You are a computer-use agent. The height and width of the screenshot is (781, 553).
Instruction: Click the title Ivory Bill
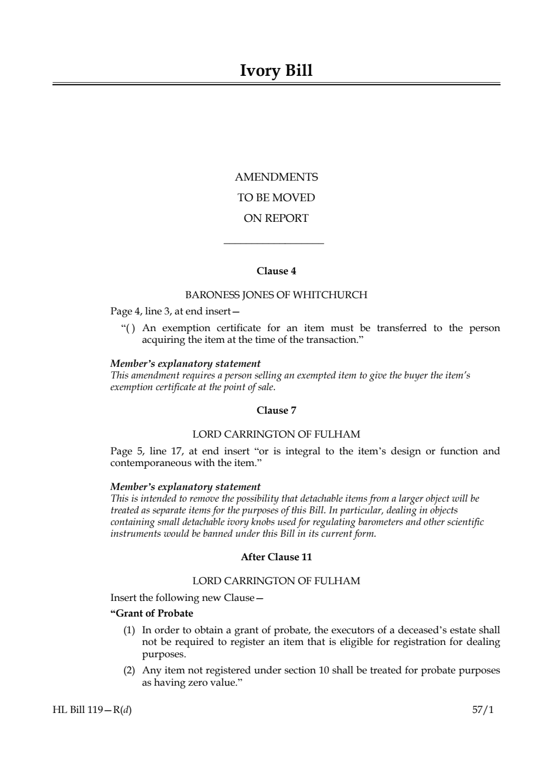276,71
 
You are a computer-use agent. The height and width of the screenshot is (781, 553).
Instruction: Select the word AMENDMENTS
276,177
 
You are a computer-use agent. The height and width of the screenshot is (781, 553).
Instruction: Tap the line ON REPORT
276,219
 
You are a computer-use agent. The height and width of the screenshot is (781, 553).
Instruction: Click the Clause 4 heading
276,271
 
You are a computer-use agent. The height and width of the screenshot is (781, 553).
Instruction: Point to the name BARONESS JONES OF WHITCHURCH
276,295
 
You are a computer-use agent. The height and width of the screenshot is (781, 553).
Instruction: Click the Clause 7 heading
276,411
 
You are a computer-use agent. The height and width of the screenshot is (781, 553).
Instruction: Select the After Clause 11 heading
276,557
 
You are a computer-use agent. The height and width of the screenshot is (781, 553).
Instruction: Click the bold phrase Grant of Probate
153,614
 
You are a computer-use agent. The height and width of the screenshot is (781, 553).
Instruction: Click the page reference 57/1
483,710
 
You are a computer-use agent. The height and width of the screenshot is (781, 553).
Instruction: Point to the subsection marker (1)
129,630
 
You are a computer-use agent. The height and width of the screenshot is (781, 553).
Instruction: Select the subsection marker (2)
129,670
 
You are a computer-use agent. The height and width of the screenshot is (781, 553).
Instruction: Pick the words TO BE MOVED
276,198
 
